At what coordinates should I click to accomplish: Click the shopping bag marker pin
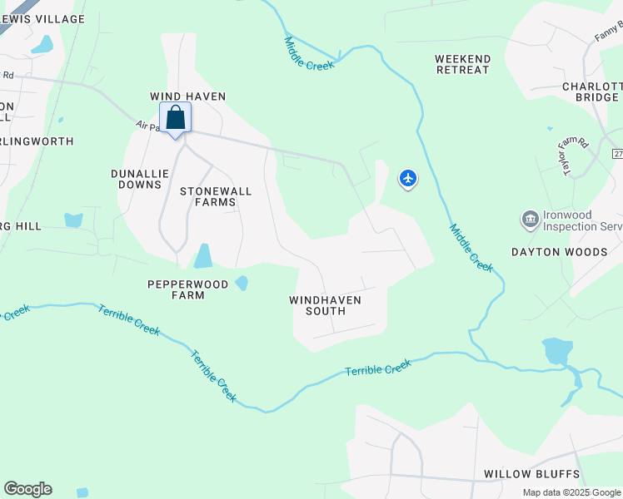pos(175,119)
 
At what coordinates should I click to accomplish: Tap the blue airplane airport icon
pos(407,178)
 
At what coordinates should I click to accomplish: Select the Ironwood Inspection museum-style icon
pos(530,220)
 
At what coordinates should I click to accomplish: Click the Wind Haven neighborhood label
pos(187,96)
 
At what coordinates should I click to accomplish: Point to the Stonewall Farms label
pos(216,196)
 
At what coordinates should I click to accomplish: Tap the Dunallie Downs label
pos(140,179)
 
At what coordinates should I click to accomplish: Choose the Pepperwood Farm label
pos(187,289)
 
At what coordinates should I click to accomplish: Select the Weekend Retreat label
pos(462,64)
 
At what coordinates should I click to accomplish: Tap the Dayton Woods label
pos(559,251)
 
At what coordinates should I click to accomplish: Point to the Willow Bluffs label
pos(531,474)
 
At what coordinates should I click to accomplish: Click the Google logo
pos(27,489)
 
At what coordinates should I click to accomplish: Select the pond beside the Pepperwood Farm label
pos(242,283)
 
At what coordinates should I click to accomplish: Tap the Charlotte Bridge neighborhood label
pos(592,91)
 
